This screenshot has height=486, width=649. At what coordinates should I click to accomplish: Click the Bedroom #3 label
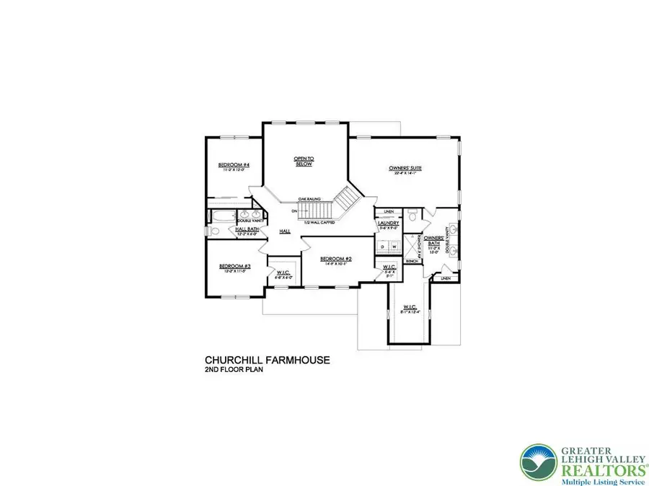(234, 266)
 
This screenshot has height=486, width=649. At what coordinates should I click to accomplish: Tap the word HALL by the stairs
(285, 231)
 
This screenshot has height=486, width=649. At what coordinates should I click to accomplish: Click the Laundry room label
(388, 224)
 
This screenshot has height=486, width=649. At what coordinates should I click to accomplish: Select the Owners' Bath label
(433, 239)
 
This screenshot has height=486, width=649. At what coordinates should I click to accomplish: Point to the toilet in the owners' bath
(410, 214)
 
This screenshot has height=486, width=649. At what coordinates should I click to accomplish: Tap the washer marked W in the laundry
(394, 247)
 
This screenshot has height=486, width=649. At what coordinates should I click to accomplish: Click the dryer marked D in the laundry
(383, 247)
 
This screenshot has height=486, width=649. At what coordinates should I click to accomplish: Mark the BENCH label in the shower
(412, 261)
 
